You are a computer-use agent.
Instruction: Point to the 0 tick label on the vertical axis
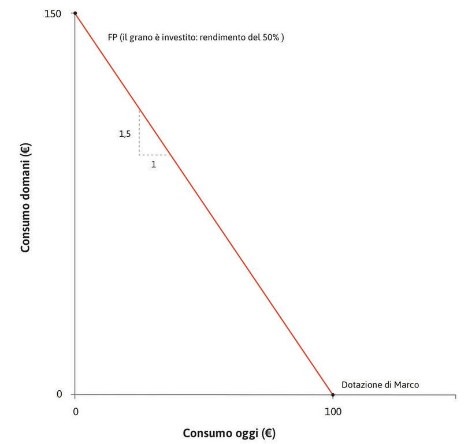59,395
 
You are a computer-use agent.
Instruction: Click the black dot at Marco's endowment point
333,395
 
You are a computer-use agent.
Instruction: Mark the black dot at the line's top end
75,13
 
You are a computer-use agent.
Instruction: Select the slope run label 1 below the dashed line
153,164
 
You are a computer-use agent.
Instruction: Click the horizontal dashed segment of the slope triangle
154,155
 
